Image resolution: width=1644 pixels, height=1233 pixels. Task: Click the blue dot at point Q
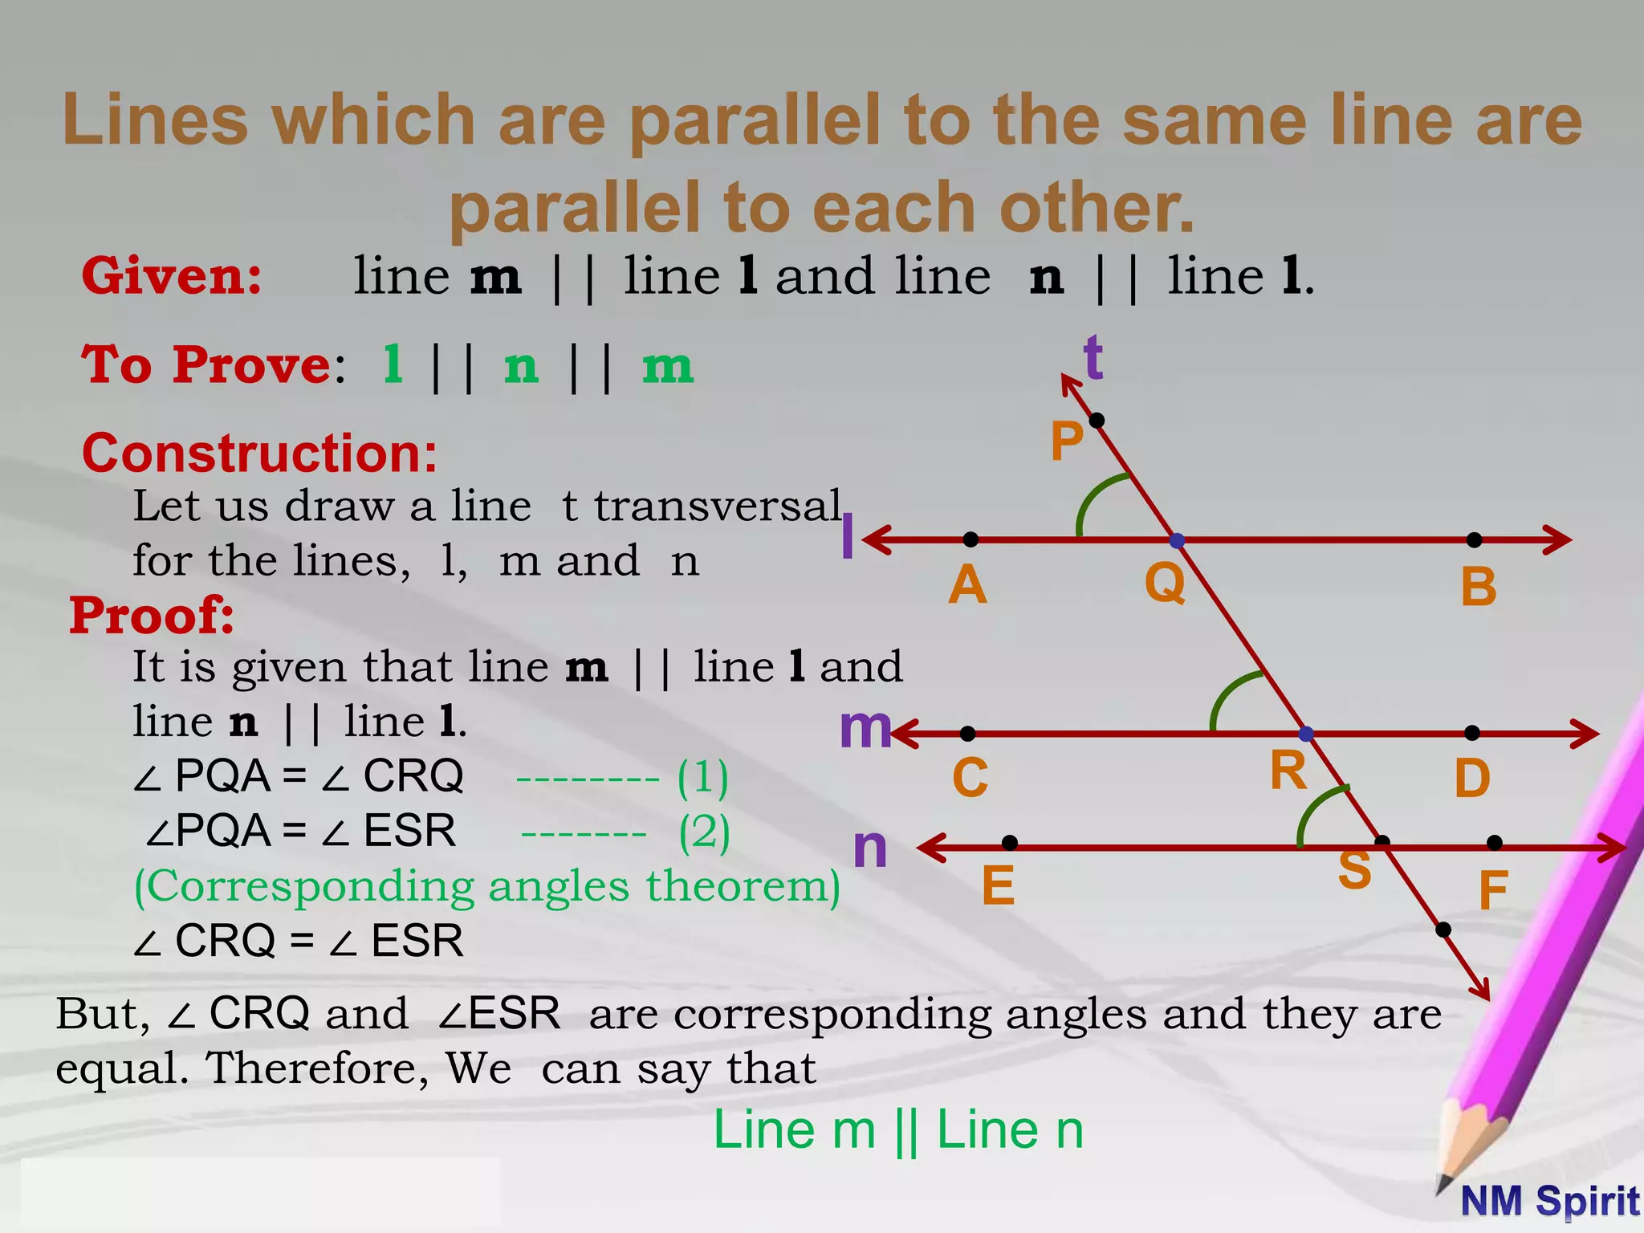(1177, 541)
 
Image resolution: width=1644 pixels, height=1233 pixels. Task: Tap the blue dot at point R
(1306, 734)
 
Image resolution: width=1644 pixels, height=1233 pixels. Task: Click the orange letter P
(1067, 442)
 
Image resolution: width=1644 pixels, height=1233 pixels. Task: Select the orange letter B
(1479, 587)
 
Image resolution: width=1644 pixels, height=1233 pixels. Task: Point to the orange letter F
(1493, 890)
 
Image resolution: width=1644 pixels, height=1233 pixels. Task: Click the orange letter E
(999, 885)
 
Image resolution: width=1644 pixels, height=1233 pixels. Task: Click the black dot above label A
(971, 539)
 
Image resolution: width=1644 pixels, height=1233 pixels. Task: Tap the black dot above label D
(1471, 733)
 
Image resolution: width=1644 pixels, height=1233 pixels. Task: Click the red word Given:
(172, 276)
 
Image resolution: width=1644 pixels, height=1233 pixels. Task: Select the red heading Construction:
(260, 454)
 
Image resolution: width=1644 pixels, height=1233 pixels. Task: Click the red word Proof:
(153, 616)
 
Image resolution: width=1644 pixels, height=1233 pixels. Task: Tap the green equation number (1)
(703, 777)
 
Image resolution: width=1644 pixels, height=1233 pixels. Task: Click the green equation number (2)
(705, 832)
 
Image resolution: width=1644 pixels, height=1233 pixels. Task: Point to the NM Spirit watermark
(1549, 1202)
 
